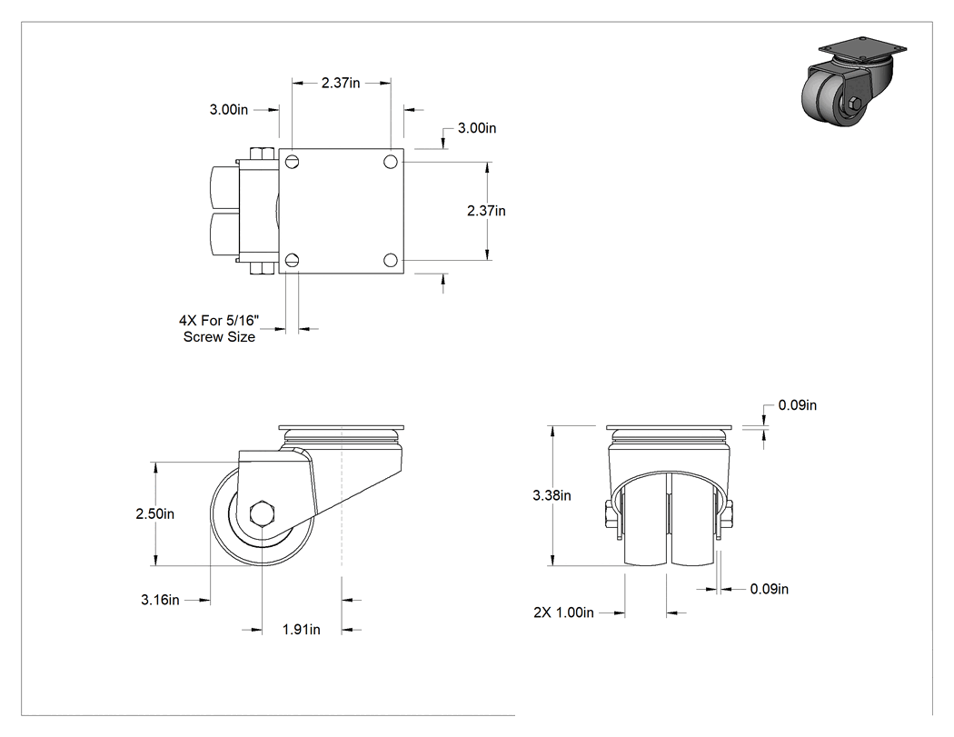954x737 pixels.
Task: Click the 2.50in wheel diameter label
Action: click(155, 513)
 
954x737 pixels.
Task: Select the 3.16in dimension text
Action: click(160, 600)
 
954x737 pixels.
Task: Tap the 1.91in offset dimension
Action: click(301, 629)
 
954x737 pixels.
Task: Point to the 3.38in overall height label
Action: click(552, 495)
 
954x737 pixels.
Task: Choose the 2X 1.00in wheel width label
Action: click(563, 613)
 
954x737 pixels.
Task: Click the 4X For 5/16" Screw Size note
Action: click(219, 329)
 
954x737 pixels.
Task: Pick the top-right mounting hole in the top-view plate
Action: click(391, 161)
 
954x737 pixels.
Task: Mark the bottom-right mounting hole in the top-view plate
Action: click(391, 261)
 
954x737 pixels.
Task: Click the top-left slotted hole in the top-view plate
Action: click(292, 161)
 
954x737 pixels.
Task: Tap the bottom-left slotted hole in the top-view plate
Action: click(292, 261)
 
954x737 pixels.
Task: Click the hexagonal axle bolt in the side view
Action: click(263, 514)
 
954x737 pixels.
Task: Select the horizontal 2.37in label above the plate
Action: click(341, 83)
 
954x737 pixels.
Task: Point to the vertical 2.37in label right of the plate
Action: click(486, 211)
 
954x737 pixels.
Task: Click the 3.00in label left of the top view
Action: click(229, 110)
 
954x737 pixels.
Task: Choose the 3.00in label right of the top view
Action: click(477, 128)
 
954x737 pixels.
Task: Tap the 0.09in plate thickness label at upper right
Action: click(798, 405)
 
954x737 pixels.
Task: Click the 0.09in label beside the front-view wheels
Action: click(769, 589)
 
